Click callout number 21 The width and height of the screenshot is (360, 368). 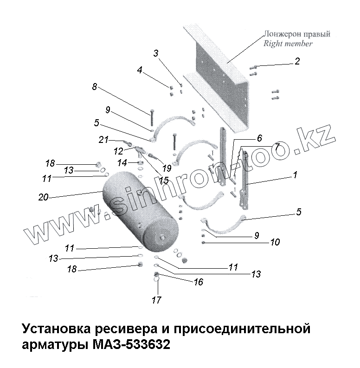[x=103, y=140]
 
